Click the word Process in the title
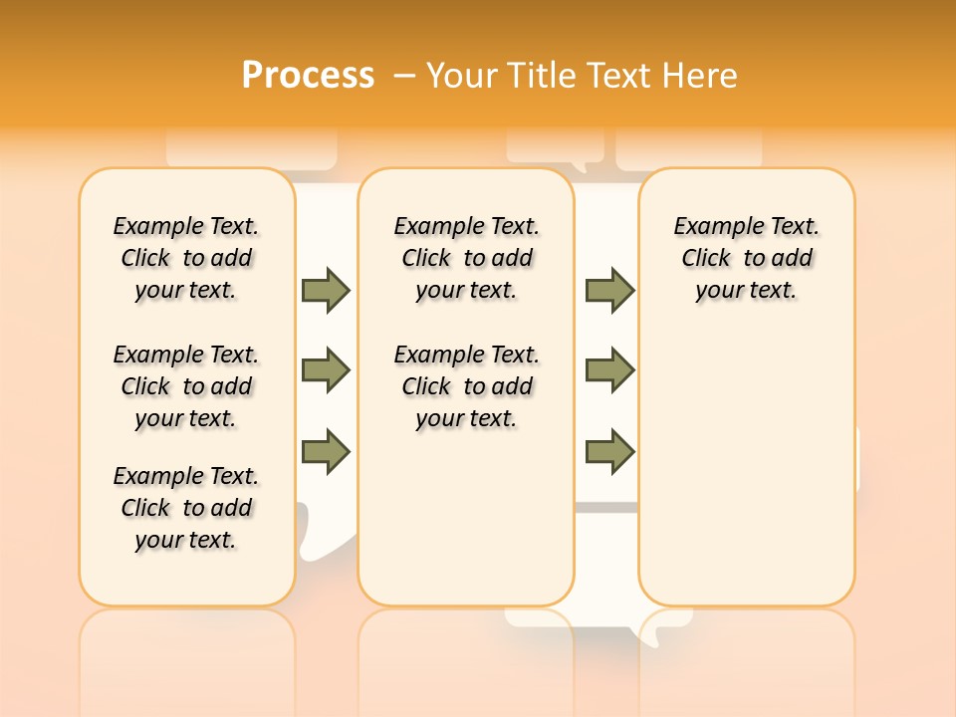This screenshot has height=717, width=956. [308, 75]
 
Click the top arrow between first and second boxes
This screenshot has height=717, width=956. [326, 290]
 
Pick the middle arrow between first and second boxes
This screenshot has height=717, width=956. [326, 370]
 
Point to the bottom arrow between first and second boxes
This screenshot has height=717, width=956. [326, 451]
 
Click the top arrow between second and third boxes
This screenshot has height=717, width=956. [609, 290]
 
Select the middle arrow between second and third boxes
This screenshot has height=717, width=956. [609, 370]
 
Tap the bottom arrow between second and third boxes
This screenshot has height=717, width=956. [609, 451]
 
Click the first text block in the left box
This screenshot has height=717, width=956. [186, 258]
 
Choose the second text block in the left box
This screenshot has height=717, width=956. [186, 386]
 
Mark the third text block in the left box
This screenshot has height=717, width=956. [186, 508]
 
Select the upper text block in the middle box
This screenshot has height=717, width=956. [466, 258]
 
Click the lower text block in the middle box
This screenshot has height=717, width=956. [466, 386]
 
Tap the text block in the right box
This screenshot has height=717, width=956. [746, 258]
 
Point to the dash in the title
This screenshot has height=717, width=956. [404, 75]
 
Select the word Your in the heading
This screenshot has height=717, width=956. [463, 75]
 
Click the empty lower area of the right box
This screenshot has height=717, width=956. [746, 468]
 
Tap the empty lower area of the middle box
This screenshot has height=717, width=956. [466, 518]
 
